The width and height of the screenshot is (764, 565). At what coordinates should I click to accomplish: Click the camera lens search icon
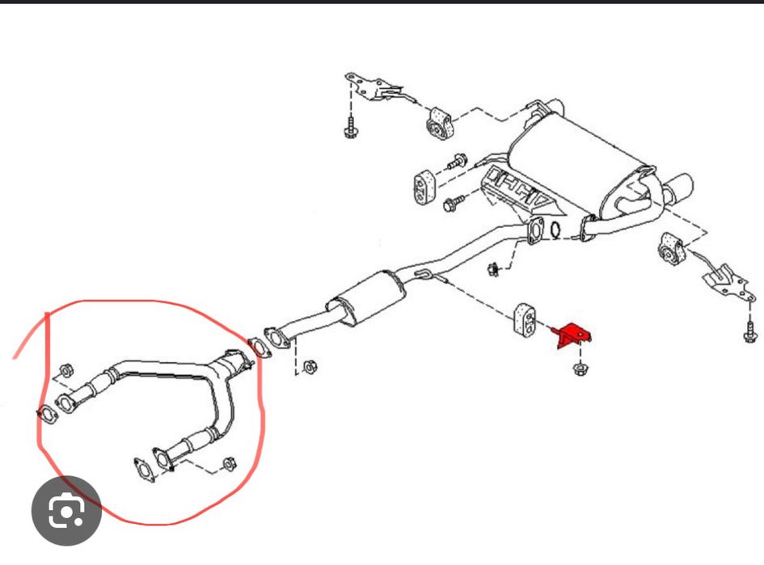(66, 511)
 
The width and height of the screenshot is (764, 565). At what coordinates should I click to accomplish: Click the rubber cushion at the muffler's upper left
(439, 120)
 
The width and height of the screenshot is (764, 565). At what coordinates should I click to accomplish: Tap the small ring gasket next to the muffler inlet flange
(555, 230)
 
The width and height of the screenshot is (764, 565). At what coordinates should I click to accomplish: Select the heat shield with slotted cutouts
(517, 190)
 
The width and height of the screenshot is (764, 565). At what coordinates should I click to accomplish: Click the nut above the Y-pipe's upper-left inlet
(67, 369)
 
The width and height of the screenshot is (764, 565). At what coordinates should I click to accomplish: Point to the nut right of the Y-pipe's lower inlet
(228, 464)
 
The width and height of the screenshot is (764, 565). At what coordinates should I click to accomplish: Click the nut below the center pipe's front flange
(309, 368)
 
